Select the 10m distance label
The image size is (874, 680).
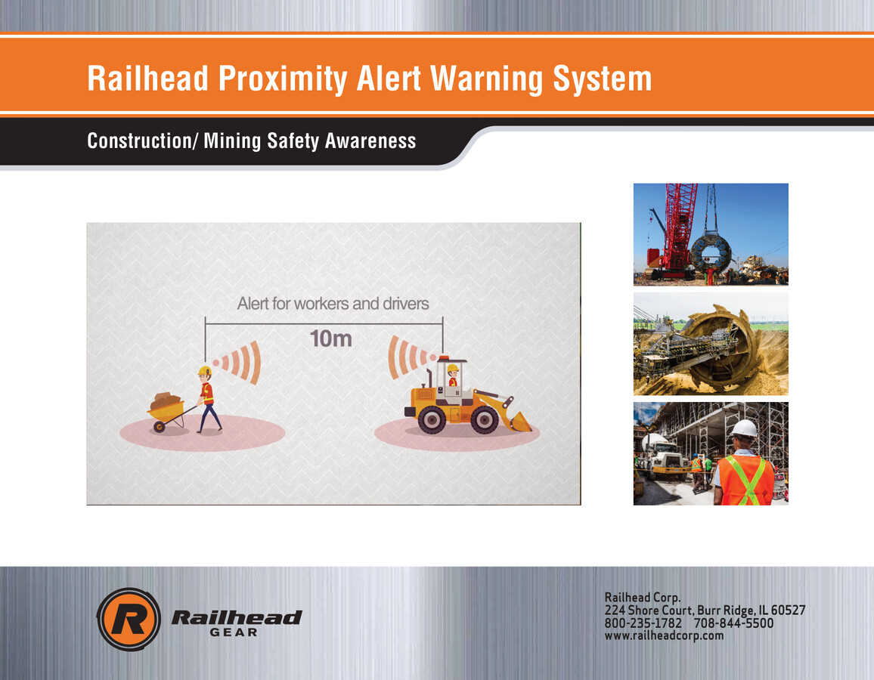[x=330, y=338]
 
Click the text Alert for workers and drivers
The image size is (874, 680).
[x=333, y=304]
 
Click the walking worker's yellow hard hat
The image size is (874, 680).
[x=204, y=371]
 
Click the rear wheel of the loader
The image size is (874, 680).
[x=432, y=419]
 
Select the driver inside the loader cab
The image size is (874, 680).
[x=452, y=376]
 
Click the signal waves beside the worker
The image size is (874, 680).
[x=240, y=364]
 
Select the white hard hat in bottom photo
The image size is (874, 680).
[x=744, y=428]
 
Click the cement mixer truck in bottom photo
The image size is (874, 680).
[x=658, y=456]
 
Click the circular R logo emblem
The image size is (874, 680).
[x=128, y=619]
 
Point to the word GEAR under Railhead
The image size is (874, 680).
[x=233, y=632]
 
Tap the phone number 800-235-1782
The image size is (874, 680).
[x=643, y=623]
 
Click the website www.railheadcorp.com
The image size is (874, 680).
[x=664, y=635]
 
